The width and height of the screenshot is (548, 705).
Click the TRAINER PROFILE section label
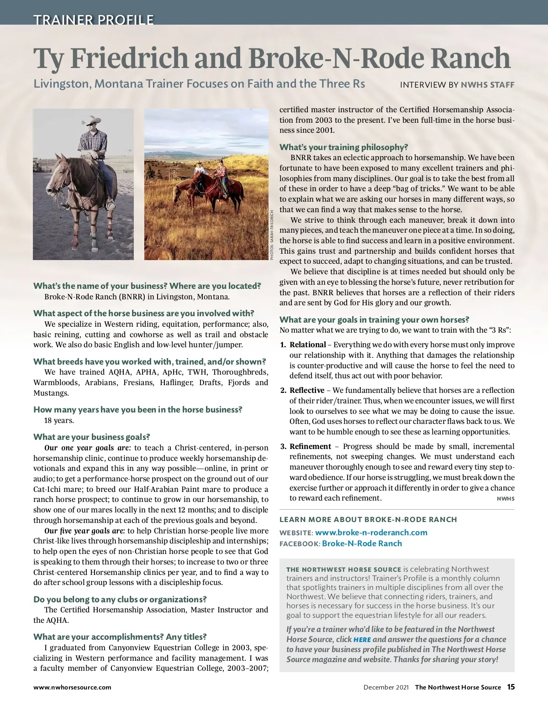point(94,20)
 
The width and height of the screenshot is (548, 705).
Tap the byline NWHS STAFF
point(487,84)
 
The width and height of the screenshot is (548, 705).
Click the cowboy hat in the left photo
point(92,121)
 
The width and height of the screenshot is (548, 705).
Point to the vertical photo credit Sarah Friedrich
point(271,235)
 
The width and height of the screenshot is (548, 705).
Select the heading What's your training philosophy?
point(343,147)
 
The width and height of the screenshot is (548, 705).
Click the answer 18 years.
point(59,420)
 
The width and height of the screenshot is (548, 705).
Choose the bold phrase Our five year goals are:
point(84,531)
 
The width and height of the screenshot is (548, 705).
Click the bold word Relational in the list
point(308,345)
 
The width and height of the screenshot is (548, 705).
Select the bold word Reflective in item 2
point(307,390)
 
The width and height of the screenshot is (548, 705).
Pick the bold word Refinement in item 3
point(310,446)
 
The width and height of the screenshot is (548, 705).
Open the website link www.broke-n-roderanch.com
point(371,533)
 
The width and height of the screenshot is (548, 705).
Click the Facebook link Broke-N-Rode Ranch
point(362,543)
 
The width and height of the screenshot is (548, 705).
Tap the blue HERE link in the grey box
point(362,640)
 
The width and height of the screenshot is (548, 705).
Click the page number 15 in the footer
point(511,687)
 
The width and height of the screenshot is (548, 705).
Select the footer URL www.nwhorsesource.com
point(72,687)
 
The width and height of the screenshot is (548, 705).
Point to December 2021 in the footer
point(386,687)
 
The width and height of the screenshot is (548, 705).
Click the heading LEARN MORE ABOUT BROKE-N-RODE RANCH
point(368,519)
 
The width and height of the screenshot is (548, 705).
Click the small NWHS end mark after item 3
point(506,499)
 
